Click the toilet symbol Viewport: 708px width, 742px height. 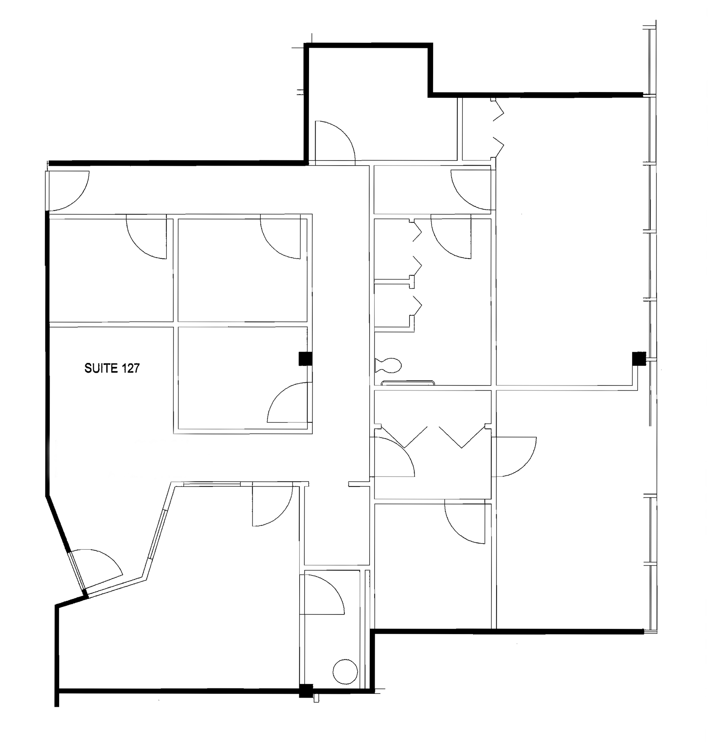coord(389,365)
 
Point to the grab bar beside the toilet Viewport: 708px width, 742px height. coord(408,383)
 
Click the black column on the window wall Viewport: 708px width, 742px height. coord(639,358)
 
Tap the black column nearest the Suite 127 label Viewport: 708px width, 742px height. coord(305,358)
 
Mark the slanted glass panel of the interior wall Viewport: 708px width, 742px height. coord(157,534)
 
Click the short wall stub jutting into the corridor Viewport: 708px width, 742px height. coord(358,483)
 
